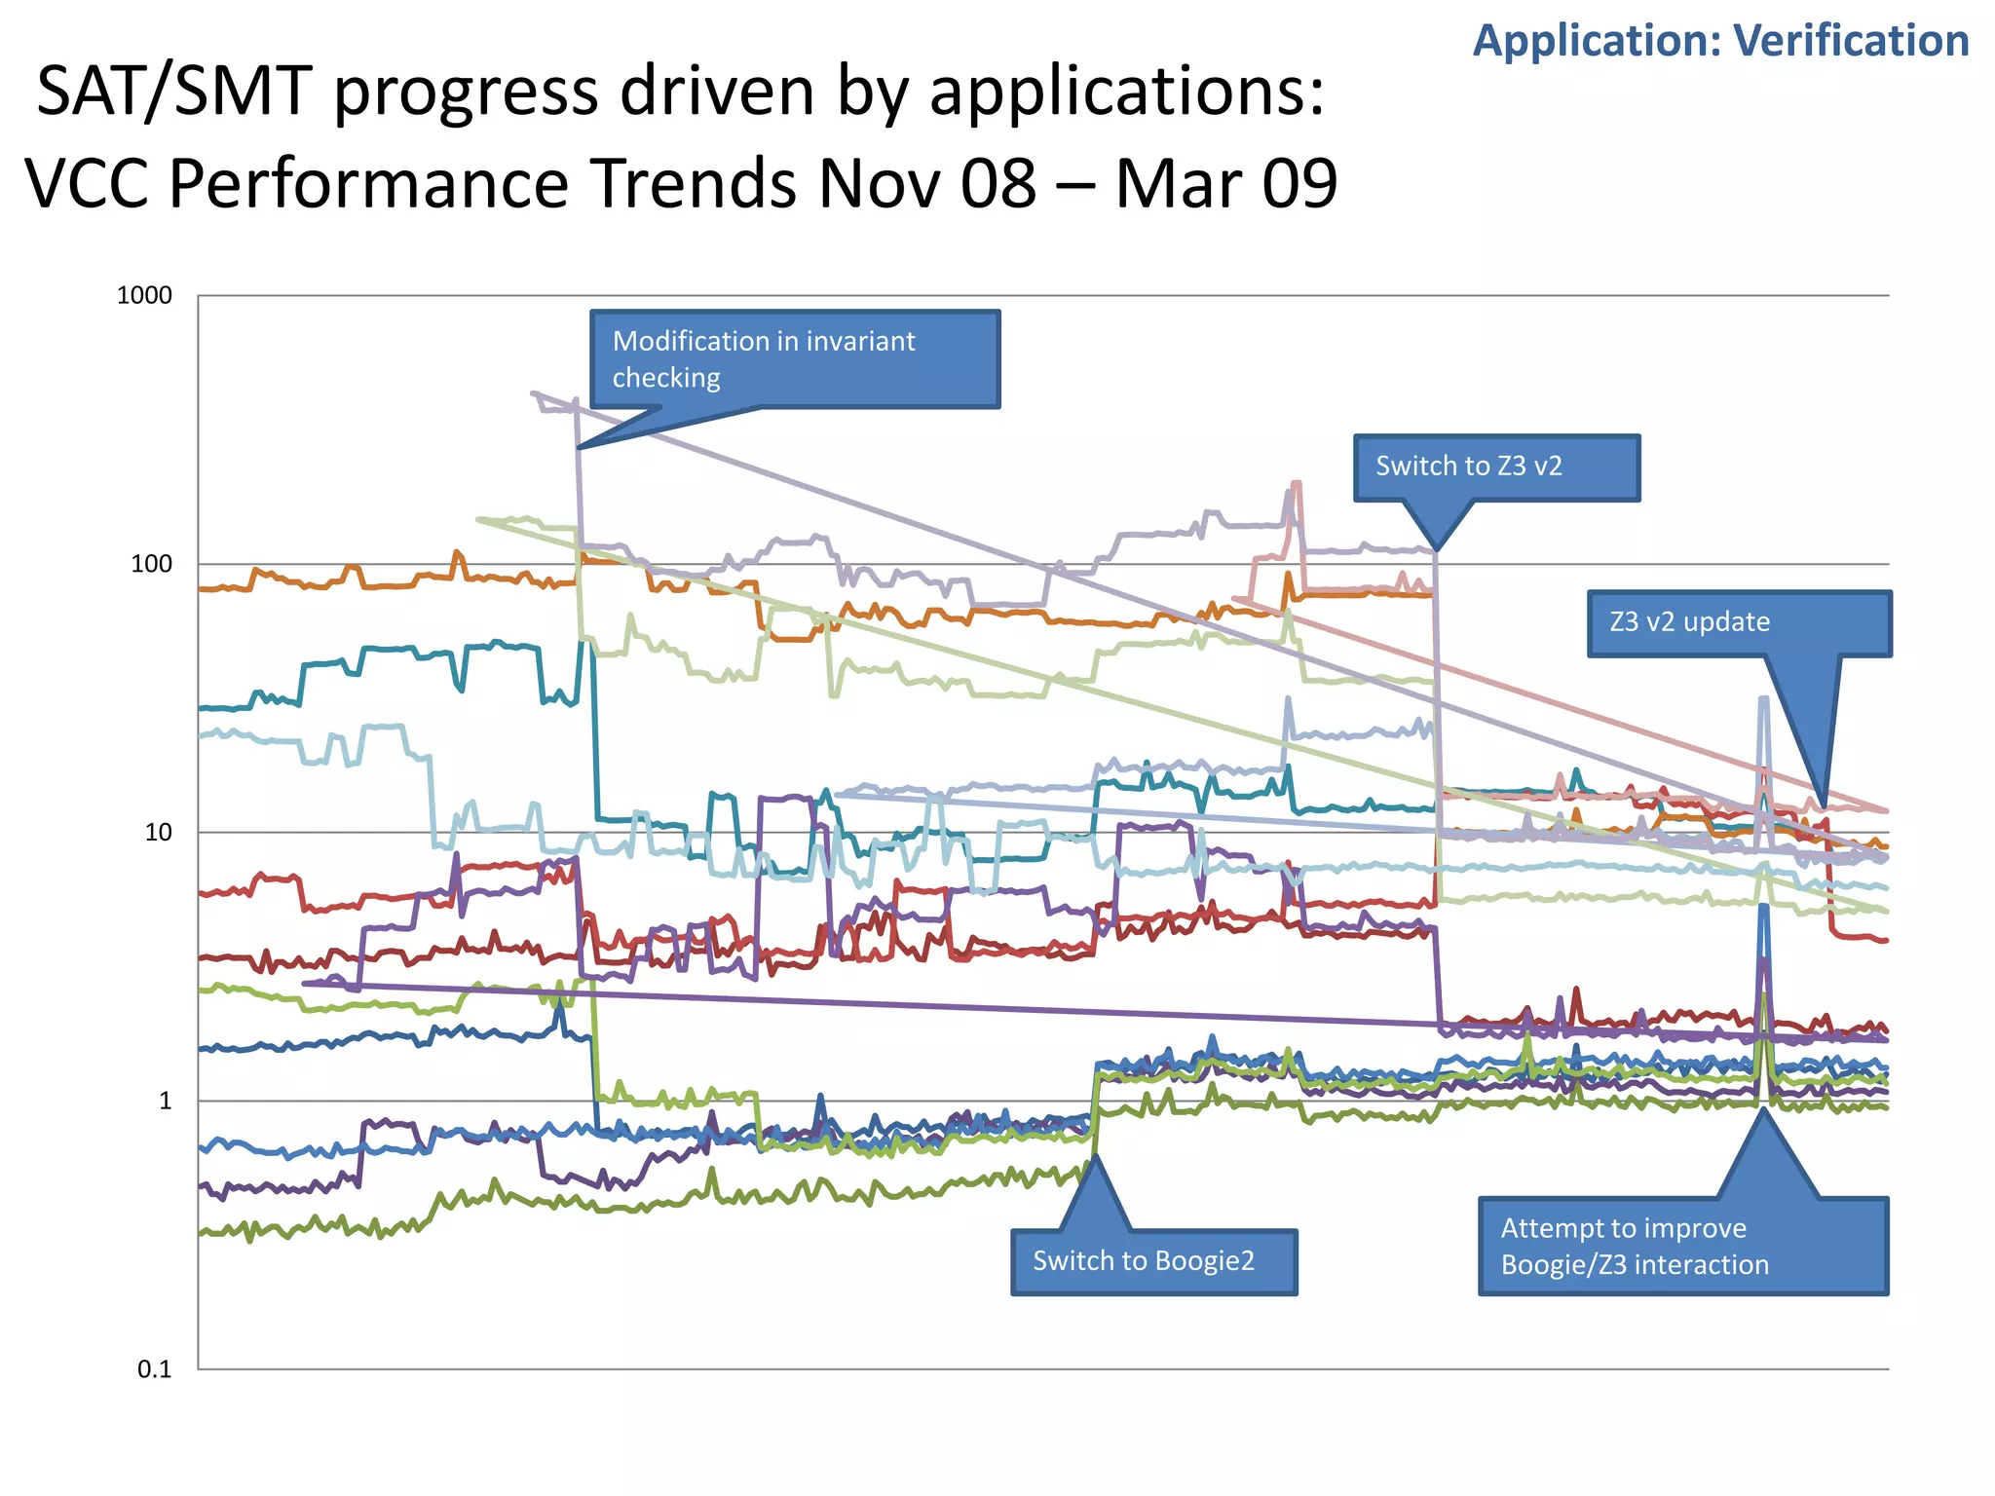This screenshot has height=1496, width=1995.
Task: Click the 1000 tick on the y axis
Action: pyautogui.click(x=144, y=296)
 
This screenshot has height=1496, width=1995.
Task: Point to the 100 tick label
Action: pyautogui.click(x=151, y=564)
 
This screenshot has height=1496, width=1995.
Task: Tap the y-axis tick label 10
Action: pyautogui.click(x=158, y=833)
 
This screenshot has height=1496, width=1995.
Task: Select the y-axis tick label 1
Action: pyautogui.click(x=165, y=1102)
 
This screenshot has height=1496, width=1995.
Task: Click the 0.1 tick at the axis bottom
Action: pyautogui.click(x=154, y=1370)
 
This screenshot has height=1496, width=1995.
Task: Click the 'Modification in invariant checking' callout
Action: pyautogui.click(x=794, y=359)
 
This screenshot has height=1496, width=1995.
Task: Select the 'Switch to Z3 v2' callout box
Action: pyautogui.click(x=1495, y=467)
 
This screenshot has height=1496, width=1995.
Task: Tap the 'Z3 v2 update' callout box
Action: pyautogui.click(x=1738, y=623)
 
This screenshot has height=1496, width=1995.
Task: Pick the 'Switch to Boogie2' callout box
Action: pyautogui.click(x=1153, y=1262)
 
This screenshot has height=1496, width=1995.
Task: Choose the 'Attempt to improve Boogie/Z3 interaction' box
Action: pyautogui.click(x=1682, y=1247)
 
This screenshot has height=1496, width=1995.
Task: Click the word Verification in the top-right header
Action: pyautogui.click(x=1851, y=42)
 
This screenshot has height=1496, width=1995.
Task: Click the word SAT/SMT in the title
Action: pyautogui.click(x=171, y=93)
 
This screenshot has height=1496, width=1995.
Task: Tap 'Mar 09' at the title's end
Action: pyautogui.click(x=1225, y=184)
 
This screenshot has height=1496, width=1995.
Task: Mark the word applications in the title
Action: pyautogui.click(x=1125, y=93)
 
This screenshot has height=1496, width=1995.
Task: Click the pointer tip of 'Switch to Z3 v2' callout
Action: pyautogui.click(x=1436, y=550)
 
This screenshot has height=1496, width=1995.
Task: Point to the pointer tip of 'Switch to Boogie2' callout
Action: pyautogui.click(x=1095, y=1156)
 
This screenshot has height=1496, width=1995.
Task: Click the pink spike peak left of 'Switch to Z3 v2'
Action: pyautogui.click(x=1297, y=483)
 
